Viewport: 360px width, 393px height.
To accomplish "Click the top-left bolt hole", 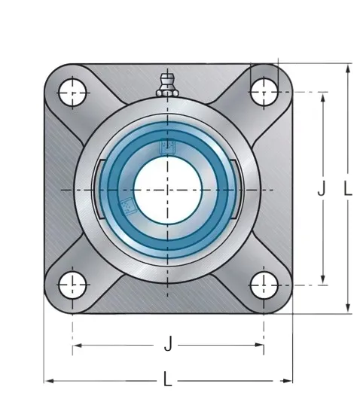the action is click(x=72, y=93).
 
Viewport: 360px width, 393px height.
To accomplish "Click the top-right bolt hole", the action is click(x=264, y=92).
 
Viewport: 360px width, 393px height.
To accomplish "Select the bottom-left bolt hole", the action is click(x=72, y=285).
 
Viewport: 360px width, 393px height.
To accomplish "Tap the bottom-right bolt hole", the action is click(x=264, y=285).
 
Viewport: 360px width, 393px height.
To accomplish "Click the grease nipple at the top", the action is click(x=167, y=86).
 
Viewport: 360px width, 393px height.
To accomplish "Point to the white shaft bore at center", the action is click(x=168, y=190).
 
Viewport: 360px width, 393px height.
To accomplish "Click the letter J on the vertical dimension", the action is click(x=322, y=188).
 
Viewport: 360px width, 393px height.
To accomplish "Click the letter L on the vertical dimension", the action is click(x=348, y=188).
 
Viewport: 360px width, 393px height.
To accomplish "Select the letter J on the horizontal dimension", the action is click(x=169, y=343).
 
